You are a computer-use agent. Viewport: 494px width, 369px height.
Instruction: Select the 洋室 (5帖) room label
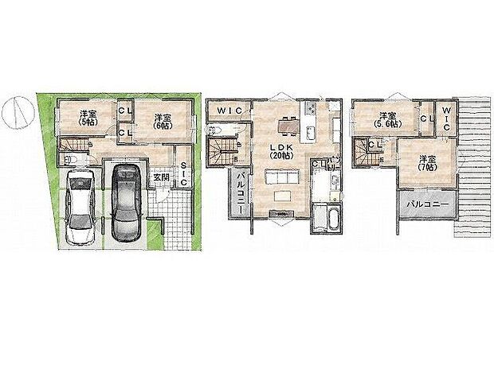point(85,118)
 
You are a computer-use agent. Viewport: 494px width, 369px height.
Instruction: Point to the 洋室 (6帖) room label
point(163,118)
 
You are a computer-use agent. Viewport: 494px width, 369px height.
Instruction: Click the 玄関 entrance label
point(160,177)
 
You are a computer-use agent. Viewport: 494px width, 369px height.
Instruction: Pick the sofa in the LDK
point(280,196)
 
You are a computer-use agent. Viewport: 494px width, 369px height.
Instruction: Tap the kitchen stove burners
point(312,109)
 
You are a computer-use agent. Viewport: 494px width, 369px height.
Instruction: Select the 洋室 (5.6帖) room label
point(389,118)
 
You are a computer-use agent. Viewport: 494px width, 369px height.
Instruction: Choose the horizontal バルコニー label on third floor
point(426,204)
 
